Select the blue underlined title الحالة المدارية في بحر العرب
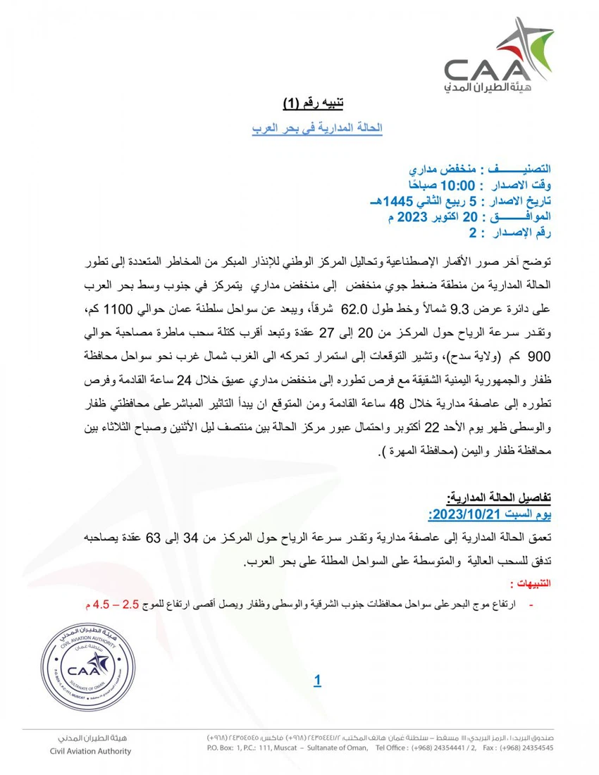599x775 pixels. [317, 129]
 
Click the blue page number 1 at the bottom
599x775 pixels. [317, 680]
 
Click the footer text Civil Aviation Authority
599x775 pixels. [90, 751]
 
